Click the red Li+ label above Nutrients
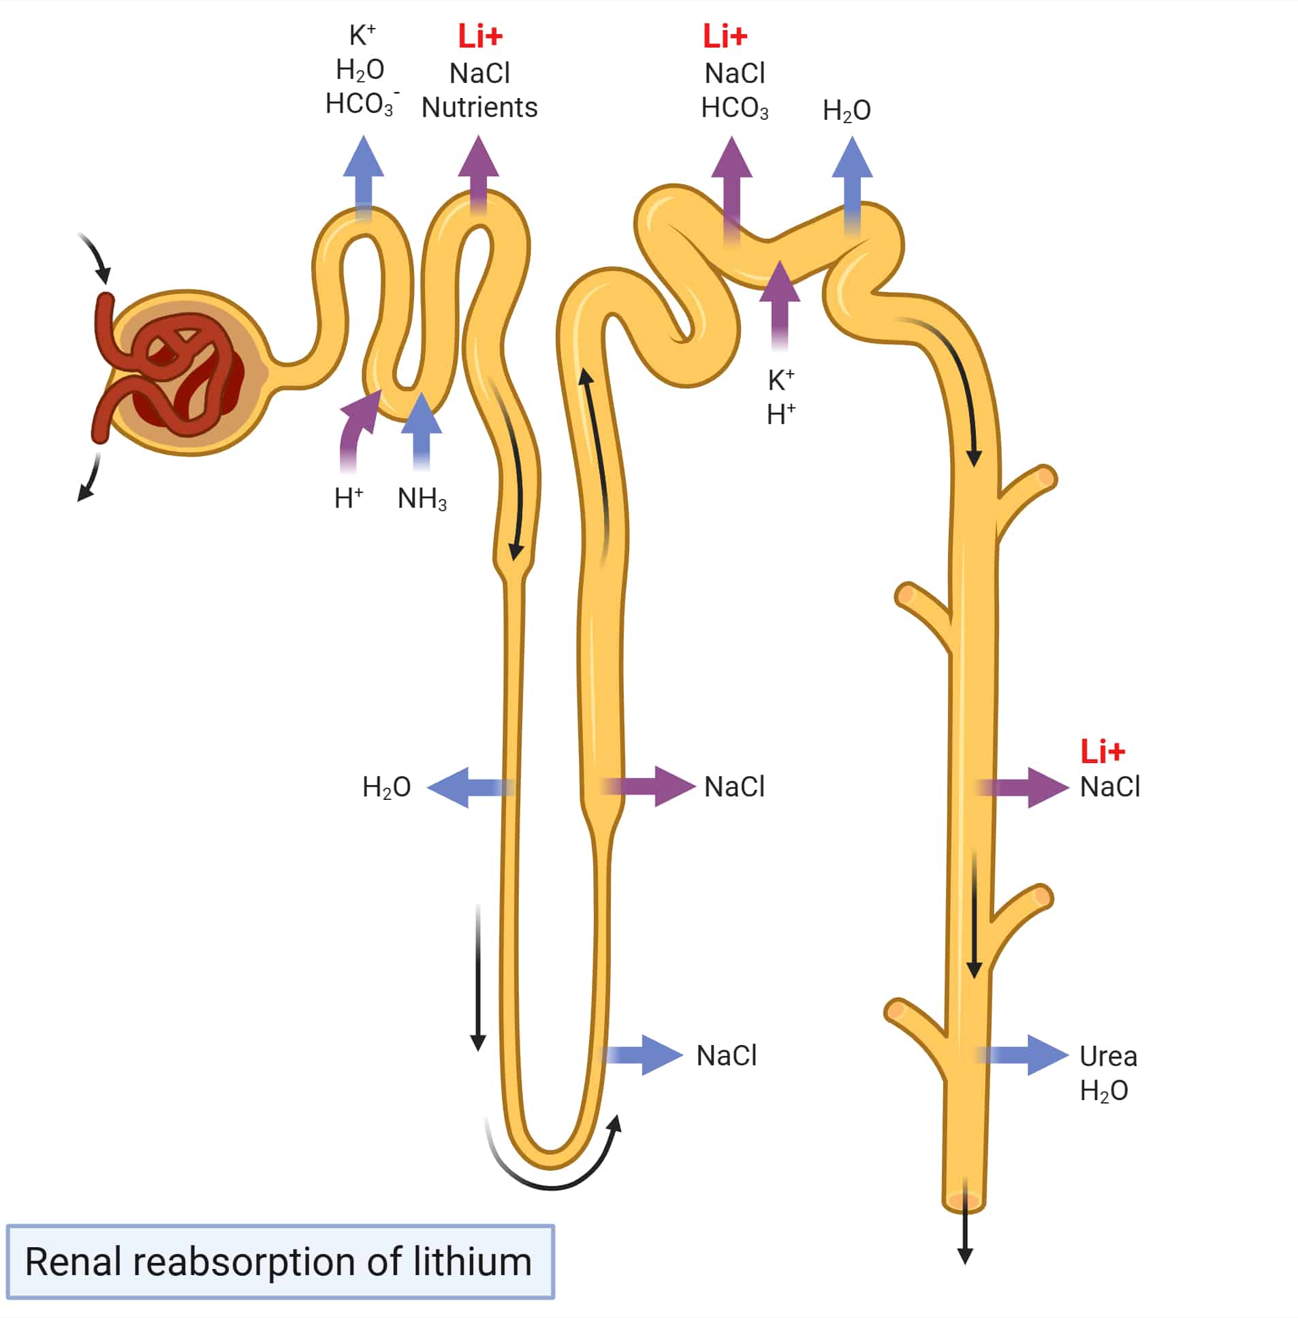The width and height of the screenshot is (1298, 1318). point(479,36)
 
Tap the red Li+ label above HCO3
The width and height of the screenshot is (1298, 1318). point(725,36)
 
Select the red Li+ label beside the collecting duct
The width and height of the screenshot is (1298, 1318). point(1102,751)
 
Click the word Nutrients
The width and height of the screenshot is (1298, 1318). point(479,108)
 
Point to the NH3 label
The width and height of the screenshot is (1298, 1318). point(422,499)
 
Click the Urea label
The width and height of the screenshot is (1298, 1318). point(1108,1057)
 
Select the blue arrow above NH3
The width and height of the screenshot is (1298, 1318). point(422,430)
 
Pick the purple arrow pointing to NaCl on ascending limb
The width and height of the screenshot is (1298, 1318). point(651,786)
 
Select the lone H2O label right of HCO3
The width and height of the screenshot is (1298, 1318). point(846,110)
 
